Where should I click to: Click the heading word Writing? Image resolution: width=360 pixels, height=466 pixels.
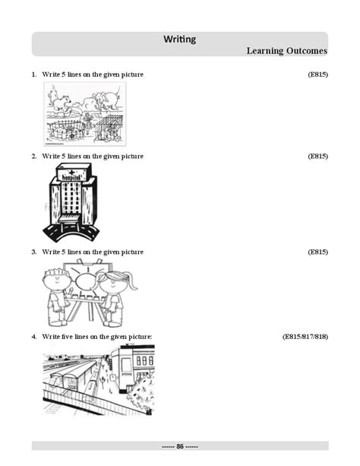(x=180, y=39)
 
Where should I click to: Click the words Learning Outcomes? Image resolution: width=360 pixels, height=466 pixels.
(x=286, y=51)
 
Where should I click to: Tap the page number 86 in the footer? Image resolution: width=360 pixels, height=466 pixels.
(x=180, y=446)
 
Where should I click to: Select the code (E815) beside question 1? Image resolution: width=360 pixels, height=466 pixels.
(x=317, y=74)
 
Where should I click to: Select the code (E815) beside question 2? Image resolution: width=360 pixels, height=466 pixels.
(x=317, y=156)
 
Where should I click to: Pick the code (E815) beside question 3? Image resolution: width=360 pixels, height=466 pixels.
(x=317, y=252)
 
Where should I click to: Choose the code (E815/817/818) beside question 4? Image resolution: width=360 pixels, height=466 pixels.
(x=305, y=335)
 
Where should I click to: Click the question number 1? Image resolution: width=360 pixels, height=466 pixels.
(x=33, y=74)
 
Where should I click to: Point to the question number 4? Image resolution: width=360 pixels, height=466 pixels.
(x=33, y=335)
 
